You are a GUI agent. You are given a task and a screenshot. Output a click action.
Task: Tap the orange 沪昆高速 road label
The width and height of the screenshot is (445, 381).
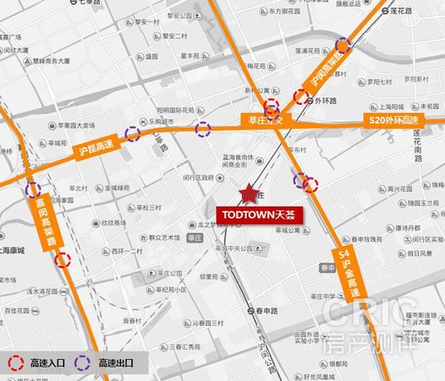pos(94,151)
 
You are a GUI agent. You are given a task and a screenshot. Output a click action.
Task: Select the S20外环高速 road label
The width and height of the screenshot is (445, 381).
pos(394,121)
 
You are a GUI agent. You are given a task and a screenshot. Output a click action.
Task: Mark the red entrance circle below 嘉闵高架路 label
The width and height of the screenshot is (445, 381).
pos(63,259)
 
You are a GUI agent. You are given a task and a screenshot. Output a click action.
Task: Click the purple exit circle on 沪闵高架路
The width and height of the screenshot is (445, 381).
pos(343,45)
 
